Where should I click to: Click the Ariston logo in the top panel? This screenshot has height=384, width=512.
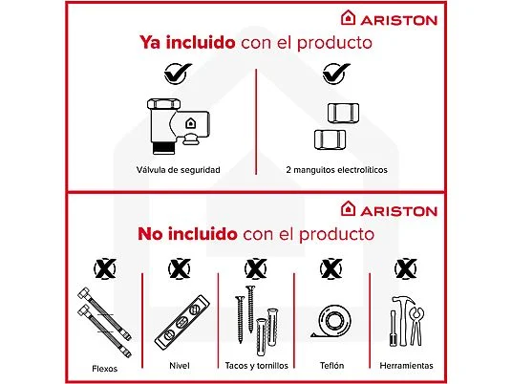pos(388,17)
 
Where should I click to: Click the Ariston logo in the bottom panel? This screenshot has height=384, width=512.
pos(388,209)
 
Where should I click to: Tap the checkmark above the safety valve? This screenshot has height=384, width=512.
pos(176,73)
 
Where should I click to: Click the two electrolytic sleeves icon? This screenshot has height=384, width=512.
pos(336,126)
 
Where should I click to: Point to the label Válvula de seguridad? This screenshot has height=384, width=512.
pos(178,170)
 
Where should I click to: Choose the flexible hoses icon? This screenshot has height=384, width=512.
pos(98,321)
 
